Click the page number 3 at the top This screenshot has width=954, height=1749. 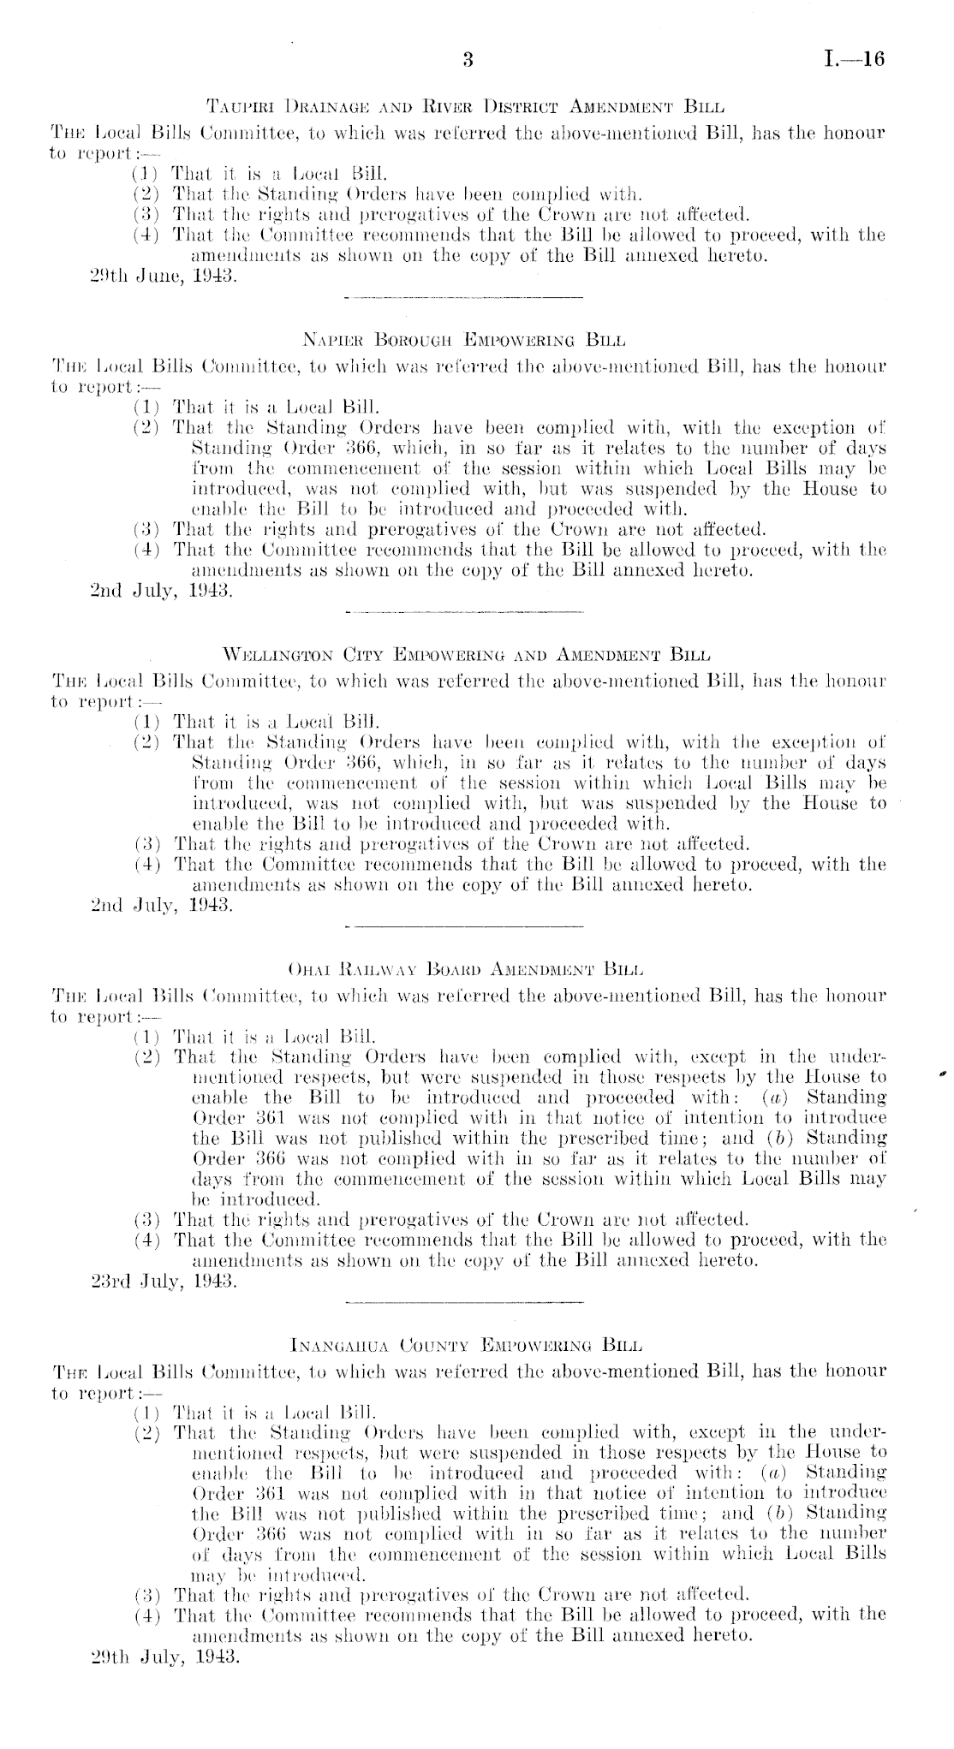pos(468,60)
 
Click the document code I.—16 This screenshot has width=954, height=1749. pos(853,60)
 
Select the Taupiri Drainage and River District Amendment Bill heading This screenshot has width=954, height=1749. pos(467,109)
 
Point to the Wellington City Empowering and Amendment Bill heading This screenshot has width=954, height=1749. pos(467,657)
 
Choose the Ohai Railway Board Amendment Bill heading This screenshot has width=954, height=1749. pos(467,972)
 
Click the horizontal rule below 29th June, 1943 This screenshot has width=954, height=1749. pos(462,296)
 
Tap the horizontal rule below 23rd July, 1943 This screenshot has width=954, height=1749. pos(462,1303)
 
